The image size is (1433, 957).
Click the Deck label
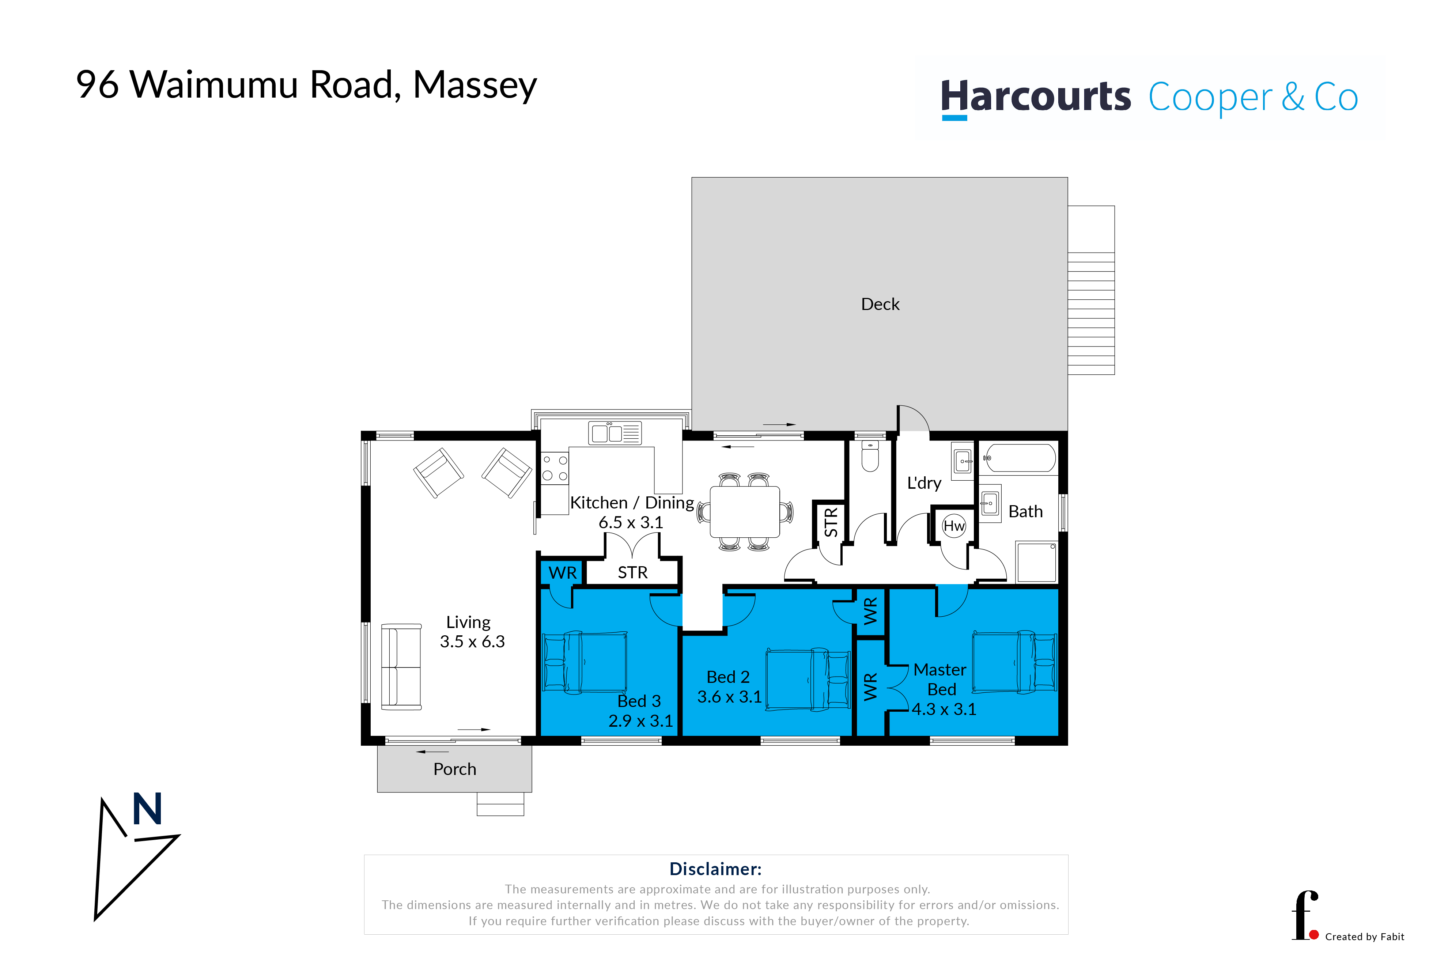point(880,304)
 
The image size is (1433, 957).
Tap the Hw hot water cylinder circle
point(954,526)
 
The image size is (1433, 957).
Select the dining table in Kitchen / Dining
point(745,511)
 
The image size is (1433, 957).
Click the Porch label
point(455,769)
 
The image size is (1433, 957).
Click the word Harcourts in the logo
point(1036,97)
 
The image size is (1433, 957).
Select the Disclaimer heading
point(715,869)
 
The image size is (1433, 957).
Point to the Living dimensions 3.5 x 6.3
point(472,642)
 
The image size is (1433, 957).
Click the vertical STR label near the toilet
point(831,522)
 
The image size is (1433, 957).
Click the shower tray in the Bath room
point(1036,561)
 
